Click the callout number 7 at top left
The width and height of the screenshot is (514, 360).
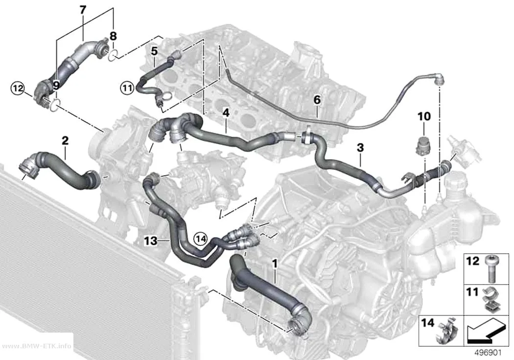point(83,10)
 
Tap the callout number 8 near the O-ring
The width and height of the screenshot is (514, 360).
point(113,36)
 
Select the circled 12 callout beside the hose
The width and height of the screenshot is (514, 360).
point(18,88)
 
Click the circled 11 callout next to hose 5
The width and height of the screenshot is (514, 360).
point(127,88)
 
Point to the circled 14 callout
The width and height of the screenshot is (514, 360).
point(201,239)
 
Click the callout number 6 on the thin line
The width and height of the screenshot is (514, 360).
point(317,99)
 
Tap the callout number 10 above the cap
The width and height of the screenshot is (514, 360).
point(424,117)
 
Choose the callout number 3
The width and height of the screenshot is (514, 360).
point(360,147)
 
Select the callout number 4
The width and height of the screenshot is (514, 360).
point(226,113)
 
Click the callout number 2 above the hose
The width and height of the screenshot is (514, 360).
point(65,141)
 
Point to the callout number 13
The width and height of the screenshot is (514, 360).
point(151,241)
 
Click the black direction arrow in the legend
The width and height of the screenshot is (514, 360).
point(486,331)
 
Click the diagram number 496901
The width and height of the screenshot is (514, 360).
point(489,353)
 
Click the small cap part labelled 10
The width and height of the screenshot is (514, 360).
point(421,146)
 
